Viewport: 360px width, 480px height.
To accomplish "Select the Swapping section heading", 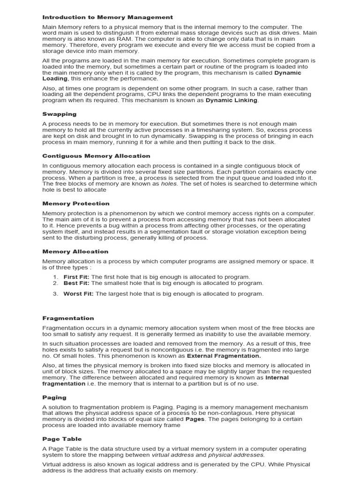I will click(x=59, y=114).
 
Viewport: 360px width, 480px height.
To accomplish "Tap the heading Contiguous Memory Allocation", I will click(x=96, y=156).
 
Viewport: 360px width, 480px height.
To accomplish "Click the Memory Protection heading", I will click(x=75, y=203).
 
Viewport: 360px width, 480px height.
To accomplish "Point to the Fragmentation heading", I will click(x=68, y=318).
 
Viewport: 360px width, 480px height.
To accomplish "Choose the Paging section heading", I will click(x=54, y=397).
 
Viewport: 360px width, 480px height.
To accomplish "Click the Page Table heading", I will click(x=62, y=439).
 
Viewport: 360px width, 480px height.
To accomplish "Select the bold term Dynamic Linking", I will click(x=232, y=100).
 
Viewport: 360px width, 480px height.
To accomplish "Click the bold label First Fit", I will click(x=76, y=277).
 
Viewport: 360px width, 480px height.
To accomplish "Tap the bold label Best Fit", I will click(x=76, y=283).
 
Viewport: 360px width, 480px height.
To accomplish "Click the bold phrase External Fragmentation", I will click(x=224, y=356).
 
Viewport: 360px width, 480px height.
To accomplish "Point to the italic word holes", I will click(x=169, y=184).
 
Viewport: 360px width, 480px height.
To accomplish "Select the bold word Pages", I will click(x=195, y=419).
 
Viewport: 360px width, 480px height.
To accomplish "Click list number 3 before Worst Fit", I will click(x=55, y=294).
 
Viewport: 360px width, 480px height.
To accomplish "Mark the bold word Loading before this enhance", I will click(x=55, y=79).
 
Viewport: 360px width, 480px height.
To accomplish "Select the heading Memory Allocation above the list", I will click(x=75, y=252).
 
